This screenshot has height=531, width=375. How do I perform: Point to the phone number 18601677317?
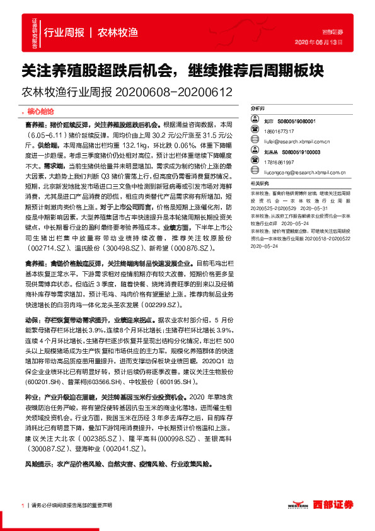coord(278,131)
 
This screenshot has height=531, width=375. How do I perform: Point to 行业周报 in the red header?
coord(62,32)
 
